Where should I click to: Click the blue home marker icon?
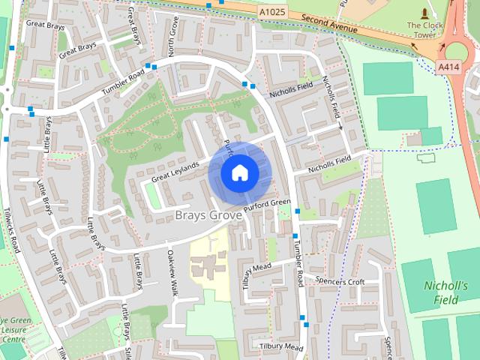(x=239, y=172)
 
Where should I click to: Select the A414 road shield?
(x=448, y=67)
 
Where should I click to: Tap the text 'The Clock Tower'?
(x=425, y=30)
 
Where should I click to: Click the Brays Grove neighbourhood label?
(x=208, y=215)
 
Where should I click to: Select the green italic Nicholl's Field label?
(x=445, y=292)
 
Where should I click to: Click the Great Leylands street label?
(x=175, y=172)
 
